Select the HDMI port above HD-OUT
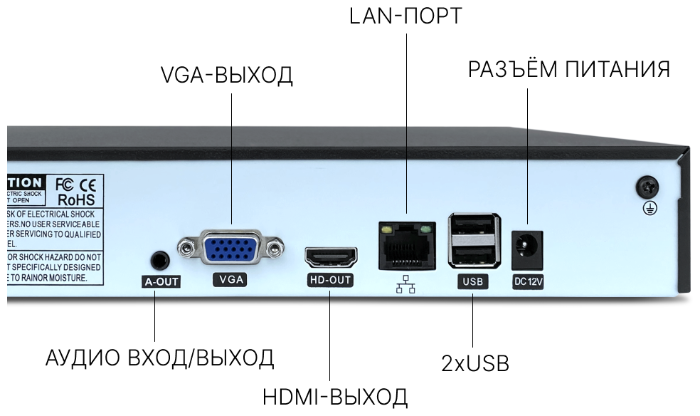pos(331,256)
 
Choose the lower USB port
pos(472,254)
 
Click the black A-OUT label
pos(161,282)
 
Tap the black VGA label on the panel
pos(230,280)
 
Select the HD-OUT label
pos(330,280)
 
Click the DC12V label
pos(529,282)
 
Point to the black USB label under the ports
pos(472,282)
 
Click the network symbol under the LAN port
pos(406,285)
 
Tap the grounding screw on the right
pos(648,187)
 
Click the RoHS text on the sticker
pos(76,200)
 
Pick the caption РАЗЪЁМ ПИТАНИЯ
pos(569,70)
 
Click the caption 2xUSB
pos(475,363)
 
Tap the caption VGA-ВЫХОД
pos(227,76)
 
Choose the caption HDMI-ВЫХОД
pos(335,396)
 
